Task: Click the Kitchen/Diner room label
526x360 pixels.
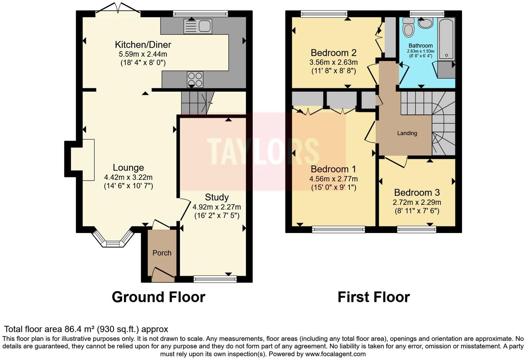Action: click(x=143, y=45)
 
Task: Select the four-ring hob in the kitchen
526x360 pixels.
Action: click(x=195, y=79)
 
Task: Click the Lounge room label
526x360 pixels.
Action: click(x=128, y=168)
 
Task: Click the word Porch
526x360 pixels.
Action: click(x=162, y=253)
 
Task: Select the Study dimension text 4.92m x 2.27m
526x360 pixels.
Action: click(x=217, y=207)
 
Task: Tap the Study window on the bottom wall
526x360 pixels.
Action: click(x=215, y=279)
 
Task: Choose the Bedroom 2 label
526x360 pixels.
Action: click(x=333, y=53)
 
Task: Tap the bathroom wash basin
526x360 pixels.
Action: click(x=425, y=23)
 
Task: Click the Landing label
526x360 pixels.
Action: click(x=407, y=133)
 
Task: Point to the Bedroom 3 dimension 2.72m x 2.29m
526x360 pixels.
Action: click(x=417, y=202)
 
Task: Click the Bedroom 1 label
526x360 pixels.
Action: click(x=333, y=169)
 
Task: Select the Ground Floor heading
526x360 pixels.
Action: click(x=158, y=297)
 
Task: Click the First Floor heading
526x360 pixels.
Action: click(x=373, y=297)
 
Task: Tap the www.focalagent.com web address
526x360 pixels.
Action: click(x=335, y=354)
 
